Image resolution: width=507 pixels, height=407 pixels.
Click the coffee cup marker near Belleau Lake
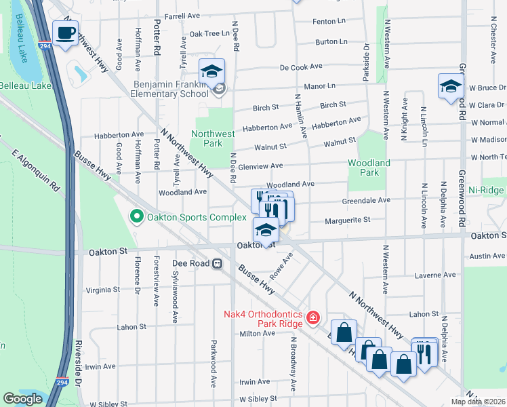coord(65,33)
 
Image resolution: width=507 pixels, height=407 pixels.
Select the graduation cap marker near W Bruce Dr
coord(449,87)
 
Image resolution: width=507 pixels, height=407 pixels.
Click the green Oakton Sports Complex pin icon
coord(136,217)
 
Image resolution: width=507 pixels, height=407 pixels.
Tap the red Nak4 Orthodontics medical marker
coord(312,317)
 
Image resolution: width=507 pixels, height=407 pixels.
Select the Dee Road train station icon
coord(217,264)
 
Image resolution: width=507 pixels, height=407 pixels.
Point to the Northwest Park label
coord(207,138)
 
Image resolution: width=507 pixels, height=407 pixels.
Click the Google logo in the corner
coord(23,399)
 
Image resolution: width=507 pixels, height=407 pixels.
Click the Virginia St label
coord(103,289)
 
